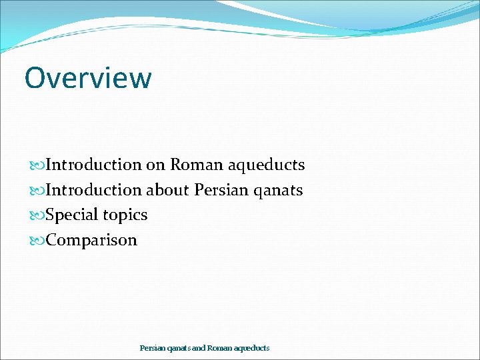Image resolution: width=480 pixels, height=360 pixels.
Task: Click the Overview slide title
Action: coord(88,77)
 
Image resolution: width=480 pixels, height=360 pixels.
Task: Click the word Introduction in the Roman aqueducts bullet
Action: coord(94,165)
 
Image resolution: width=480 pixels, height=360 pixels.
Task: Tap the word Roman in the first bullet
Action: coord(191,165)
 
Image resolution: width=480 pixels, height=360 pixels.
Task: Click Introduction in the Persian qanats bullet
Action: coord(94,190)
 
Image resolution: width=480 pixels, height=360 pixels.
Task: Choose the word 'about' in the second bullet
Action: coord(168,190)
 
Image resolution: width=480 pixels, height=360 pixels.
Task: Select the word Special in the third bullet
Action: coord(72,215)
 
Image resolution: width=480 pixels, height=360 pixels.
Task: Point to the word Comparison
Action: coord(91,241)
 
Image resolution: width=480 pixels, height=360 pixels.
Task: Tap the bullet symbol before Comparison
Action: coord(37,240)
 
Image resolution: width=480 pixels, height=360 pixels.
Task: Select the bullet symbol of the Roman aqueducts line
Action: coord(37,165)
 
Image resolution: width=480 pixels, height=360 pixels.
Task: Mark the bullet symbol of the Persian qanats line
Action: coord(37,190)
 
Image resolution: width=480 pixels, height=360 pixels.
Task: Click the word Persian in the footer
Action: coord(151,348)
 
